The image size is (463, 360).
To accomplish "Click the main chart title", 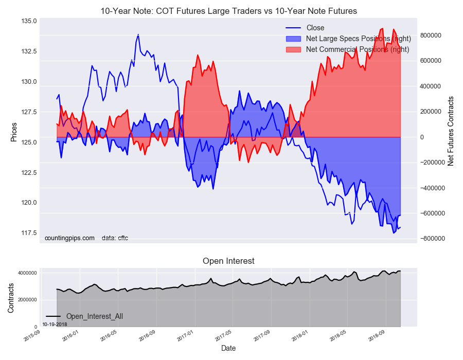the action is tap(228, 11).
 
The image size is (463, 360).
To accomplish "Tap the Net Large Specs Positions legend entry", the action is tap(348, 39).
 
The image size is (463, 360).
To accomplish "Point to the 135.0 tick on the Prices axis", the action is tap(29, 21).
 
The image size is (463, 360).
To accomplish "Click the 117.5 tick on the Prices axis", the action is tap(29, 233).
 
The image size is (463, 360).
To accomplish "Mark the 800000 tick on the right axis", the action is tap(431, 35).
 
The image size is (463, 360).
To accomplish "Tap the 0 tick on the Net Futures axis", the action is tap(422, 137).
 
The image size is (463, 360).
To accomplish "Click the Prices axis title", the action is tap(13, 132).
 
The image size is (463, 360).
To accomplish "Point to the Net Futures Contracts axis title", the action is tap(451, 131).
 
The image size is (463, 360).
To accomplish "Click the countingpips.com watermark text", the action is tap(69, 238).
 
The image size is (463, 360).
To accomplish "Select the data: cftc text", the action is tap(115, 238).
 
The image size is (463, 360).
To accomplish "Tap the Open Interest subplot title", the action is tap(228, 261).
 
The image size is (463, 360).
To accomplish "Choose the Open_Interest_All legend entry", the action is tap(84, 316).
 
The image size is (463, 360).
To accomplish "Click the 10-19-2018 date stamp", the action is tap(55, 325).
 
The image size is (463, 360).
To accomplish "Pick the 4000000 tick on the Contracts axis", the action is tap(27, 273).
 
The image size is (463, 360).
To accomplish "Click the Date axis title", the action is tap(228, 348).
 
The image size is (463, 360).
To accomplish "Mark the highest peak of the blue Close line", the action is tap(138, 34).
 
